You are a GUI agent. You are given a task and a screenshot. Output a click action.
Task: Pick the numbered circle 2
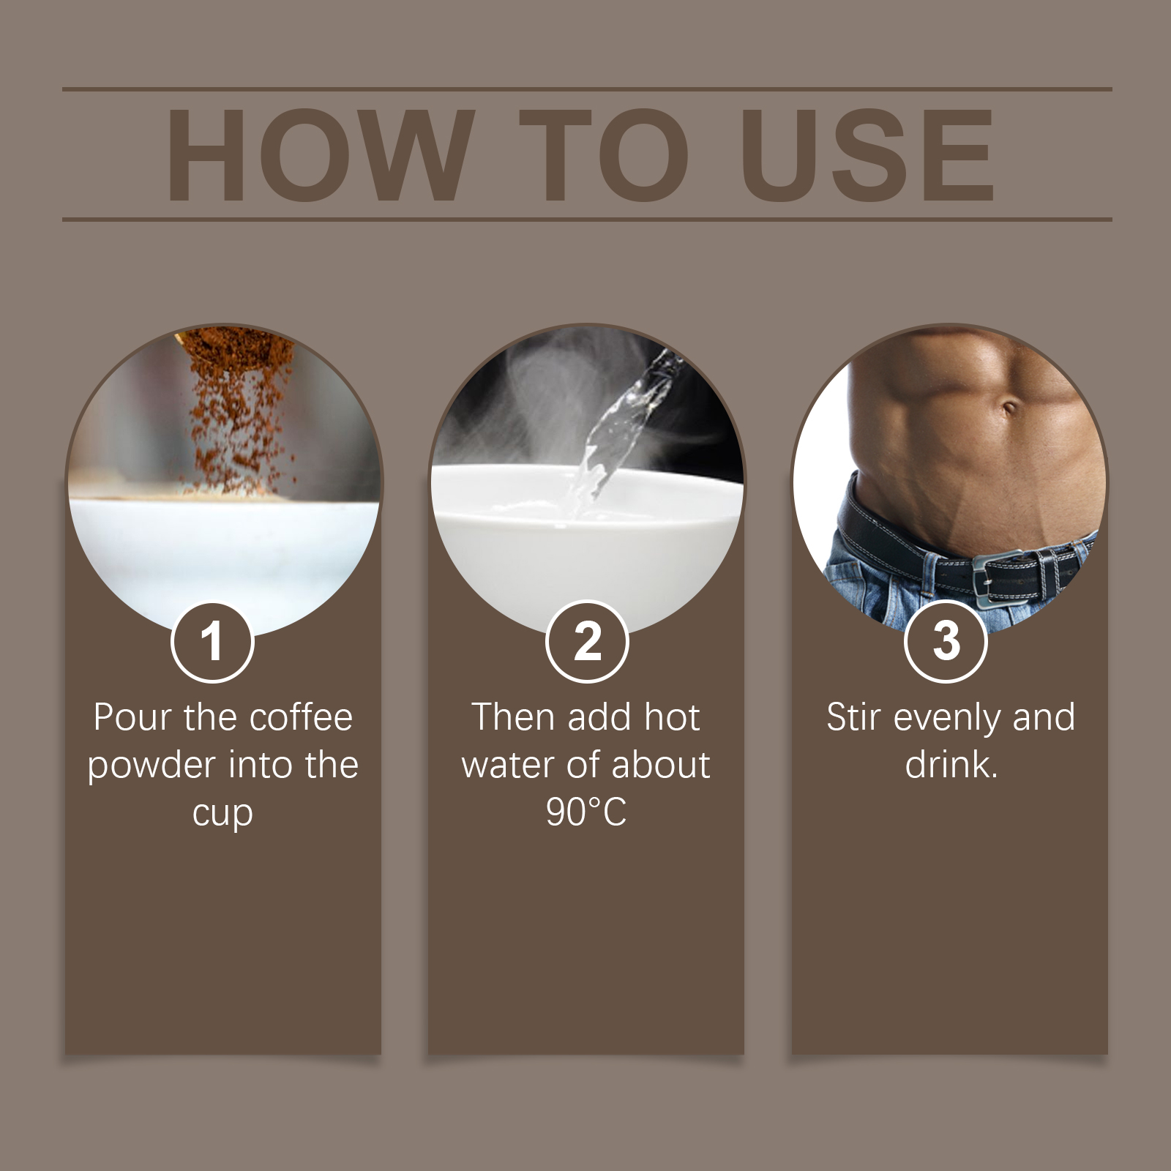587,642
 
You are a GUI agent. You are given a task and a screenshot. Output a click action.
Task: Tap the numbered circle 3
946,642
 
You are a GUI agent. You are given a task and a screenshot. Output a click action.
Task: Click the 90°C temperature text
586,812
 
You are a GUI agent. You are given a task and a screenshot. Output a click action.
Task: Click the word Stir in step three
853,717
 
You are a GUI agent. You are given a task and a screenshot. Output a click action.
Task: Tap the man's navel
1009,407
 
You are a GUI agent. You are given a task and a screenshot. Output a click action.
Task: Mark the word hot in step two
671,717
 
